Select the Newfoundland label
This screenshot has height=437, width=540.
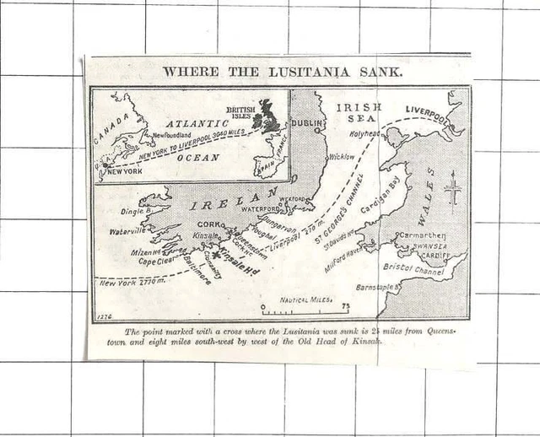coord(170,134)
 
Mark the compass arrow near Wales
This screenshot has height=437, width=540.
coord(453,189)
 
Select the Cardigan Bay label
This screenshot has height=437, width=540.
coord(381,207)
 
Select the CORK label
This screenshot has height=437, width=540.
coord(208,224)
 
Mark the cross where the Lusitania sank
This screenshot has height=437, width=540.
coord(218,252)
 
